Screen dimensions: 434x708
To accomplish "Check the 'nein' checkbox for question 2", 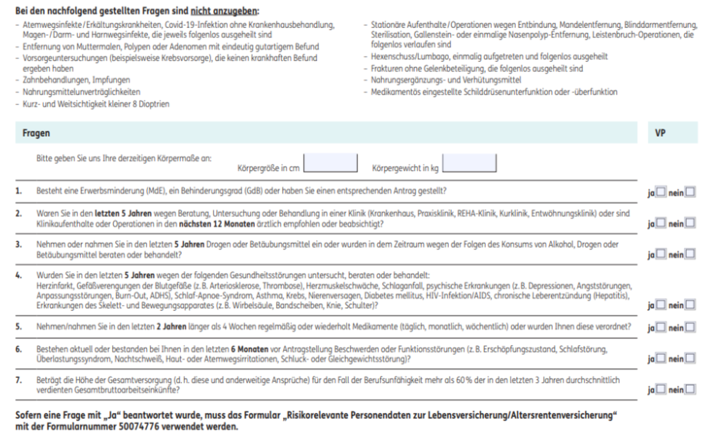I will pos(690,223).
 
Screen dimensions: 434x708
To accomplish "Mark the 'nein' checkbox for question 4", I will pos(690,303).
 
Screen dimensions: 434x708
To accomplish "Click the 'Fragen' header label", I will pos(35,133).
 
